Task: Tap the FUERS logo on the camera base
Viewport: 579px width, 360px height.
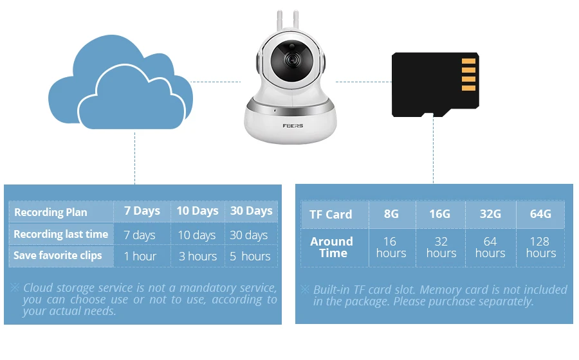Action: point(293,126)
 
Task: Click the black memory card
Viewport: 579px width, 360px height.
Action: point(436,84)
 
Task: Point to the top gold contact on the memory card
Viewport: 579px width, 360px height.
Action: point(468,61)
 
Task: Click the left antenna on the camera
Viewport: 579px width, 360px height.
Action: point(280,21)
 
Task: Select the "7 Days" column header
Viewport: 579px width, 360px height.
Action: point(142,211)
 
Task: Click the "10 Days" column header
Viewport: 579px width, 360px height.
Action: point(198,211)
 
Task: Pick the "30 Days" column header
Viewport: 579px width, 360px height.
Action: point(252,211)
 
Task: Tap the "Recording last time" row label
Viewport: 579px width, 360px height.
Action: point(61,234)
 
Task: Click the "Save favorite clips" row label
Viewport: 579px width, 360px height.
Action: point(58,256)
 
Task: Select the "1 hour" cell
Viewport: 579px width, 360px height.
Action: point(140,256)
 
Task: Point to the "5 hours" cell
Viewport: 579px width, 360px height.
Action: point(250,256)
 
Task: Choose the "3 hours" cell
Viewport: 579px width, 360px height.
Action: point(198,256)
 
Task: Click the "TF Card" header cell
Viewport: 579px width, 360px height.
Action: point(331,214)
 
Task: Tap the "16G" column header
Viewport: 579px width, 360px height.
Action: point(440,213)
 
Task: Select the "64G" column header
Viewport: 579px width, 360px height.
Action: point(540,213)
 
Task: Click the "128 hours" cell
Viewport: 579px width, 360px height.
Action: point(540,247)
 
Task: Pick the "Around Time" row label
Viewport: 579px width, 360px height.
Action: point(332,247)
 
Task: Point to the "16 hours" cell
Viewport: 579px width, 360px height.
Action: point(391,247)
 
